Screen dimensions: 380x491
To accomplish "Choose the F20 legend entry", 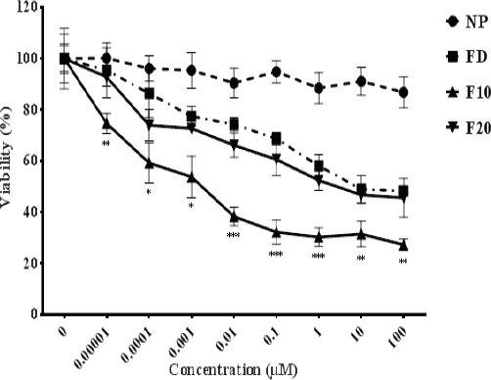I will tap(460, 130).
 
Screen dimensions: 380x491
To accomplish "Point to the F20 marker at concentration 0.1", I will tap(277, 159).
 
